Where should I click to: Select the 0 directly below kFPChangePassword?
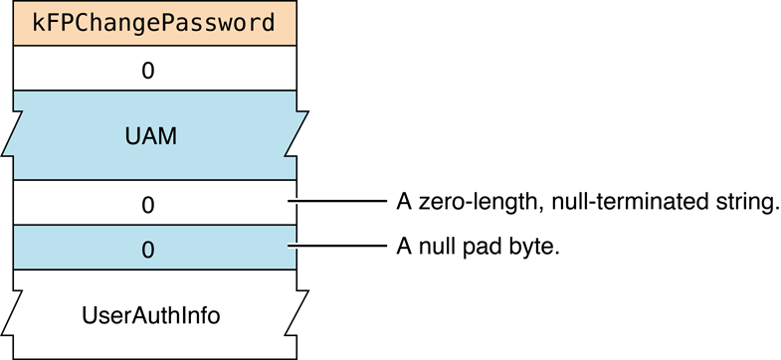pos(148,71)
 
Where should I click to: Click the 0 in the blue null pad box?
pos(148,249)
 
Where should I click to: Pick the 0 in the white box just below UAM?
pos(148,205)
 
